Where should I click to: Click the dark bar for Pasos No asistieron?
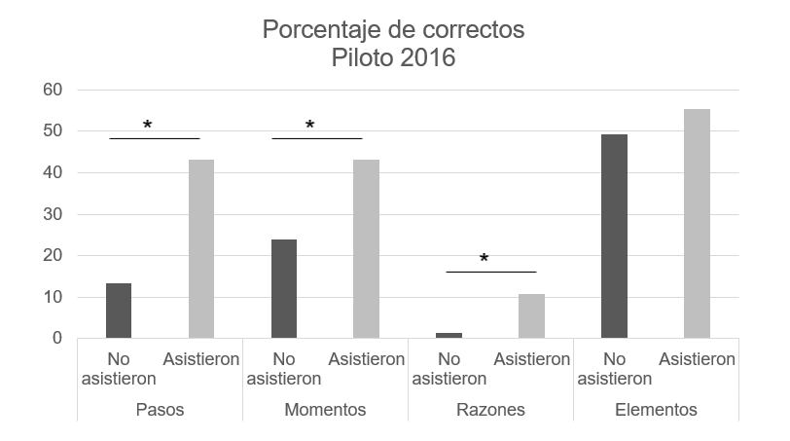click(119, 311)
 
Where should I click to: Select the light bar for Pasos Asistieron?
click(201, 249)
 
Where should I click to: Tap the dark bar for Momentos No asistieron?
click(284, 289)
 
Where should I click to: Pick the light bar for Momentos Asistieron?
click(367, 249)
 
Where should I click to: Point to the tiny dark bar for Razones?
click(449, 335)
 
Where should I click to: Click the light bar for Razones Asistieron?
click(532, 316)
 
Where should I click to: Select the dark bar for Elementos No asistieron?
click(614, 237)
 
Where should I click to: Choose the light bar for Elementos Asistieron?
click(697, 224)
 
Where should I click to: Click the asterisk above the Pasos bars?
click(148, 126)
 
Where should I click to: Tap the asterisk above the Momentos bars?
click(310, 126)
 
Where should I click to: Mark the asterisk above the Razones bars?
click(484, 259)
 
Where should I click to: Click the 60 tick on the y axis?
click(52, 91)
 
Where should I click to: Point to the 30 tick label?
click(52, 214)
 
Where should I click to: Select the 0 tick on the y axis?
click(57, 339)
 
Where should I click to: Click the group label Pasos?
click(160, 410)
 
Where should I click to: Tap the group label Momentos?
click(325, 410)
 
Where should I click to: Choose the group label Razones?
click(490, 410)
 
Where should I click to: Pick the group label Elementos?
click(656, 410)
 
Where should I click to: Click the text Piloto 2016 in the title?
click(393, 57)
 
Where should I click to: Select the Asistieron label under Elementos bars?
click(697, 359)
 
